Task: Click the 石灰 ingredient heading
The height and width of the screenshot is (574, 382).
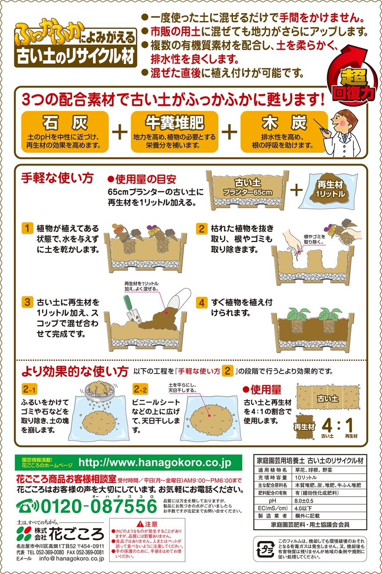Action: [65, 123]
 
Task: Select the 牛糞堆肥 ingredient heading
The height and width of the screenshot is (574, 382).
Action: [175, 123]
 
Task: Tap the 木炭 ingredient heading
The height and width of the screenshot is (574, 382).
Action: [284, 123]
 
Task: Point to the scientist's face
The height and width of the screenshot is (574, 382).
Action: [340, 122]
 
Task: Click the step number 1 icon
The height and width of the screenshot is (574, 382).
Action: [28, 228]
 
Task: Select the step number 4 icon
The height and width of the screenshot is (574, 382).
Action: [202, 303]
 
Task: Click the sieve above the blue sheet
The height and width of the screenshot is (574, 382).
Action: [98, 392]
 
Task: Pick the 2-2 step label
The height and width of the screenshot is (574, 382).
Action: [140, 390]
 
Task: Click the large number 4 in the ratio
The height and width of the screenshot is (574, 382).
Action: [327, 425]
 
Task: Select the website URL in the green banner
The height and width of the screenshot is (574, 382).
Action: [155, 462]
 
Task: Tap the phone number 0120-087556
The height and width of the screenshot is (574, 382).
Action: [99, 506]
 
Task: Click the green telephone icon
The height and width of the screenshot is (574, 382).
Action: [28, 506]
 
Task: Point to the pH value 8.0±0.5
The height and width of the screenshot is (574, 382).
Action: [304, 501]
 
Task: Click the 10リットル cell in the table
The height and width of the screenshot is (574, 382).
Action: [306, 478]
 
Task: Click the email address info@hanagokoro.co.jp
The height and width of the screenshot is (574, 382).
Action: [72, 558]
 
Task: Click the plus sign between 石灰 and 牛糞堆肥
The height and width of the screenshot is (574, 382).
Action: [119, 132]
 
